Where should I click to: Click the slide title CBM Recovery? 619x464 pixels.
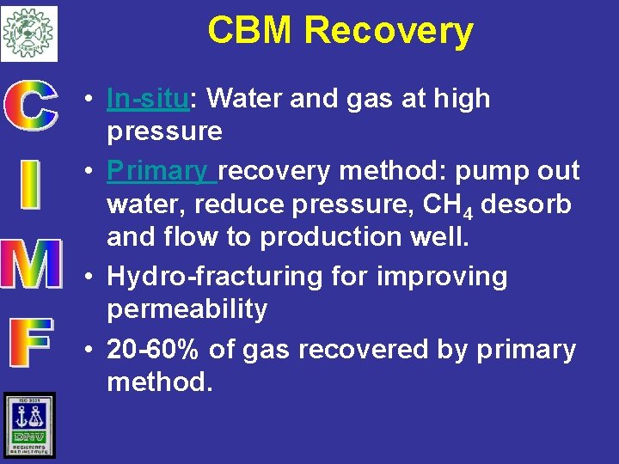click(340, 31)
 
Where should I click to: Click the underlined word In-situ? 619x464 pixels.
click(147, 99)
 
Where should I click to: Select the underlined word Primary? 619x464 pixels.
click(160, 171)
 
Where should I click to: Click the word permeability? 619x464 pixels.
click(187, 308)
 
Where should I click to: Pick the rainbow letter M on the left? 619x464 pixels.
click(31, 265)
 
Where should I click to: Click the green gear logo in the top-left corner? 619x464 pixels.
click(28, 33)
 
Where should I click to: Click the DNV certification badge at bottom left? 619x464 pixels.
click(28, 425)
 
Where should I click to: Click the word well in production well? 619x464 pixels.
click(448, 237)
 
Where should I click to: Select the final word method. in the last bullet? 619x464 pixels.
click(159, 381)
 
